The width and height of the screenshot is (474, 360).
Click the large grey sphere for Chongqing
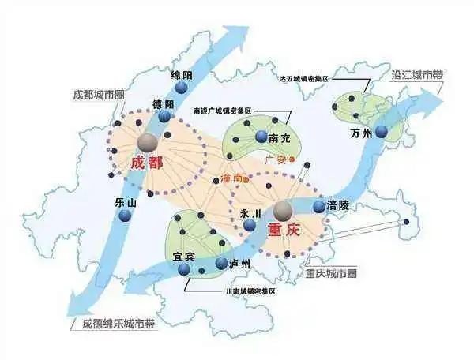tap(283, 210)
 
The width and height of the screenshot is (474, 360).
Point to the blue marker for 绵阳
tap(182, 88)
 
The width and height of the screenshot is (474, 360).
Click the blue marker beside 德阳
tap(164, 116)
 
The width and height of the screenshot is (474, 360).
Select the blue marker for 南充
tap(261, 137)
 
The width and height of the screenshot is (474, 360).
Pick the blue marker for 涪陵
tap(318, 207)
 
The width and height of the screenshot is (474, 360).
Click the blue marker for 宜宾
tap(185, 269)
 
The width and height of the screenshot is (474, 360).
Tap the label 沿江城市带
tap(417, 76)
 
